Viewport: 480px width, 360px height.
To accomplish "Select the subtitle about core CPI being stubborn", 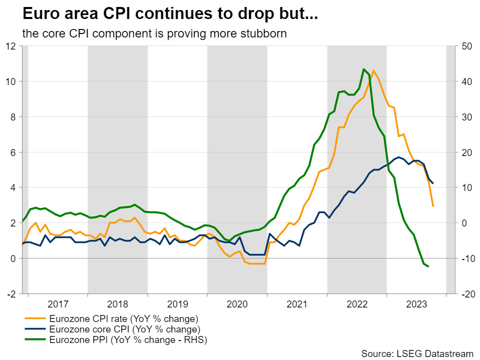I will [x=154, y=34].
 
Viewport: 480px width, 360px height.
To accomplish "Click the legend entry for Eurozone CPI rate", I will [x=123, y=318].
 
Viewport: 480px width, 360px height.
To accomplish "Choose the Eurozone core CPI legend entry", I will [x=124, y=329].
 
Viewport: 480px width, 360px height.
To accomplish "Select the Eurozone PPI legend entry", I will [x=127, y=340].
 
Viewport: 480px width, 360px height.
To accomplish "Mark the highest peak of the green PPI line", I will [x=363, y=69].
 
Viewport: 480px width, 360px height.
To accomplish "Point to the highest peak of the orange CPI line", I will [x=373, y=71].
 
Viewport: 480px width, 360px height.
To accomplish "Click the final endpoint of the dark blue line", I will [x=433, y=183].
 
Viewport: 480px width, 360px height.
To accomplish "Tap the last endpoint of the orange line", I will [x=433, y=206].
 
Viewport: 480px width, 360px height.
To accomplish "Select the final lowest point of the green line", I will [x=428, y=266].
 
